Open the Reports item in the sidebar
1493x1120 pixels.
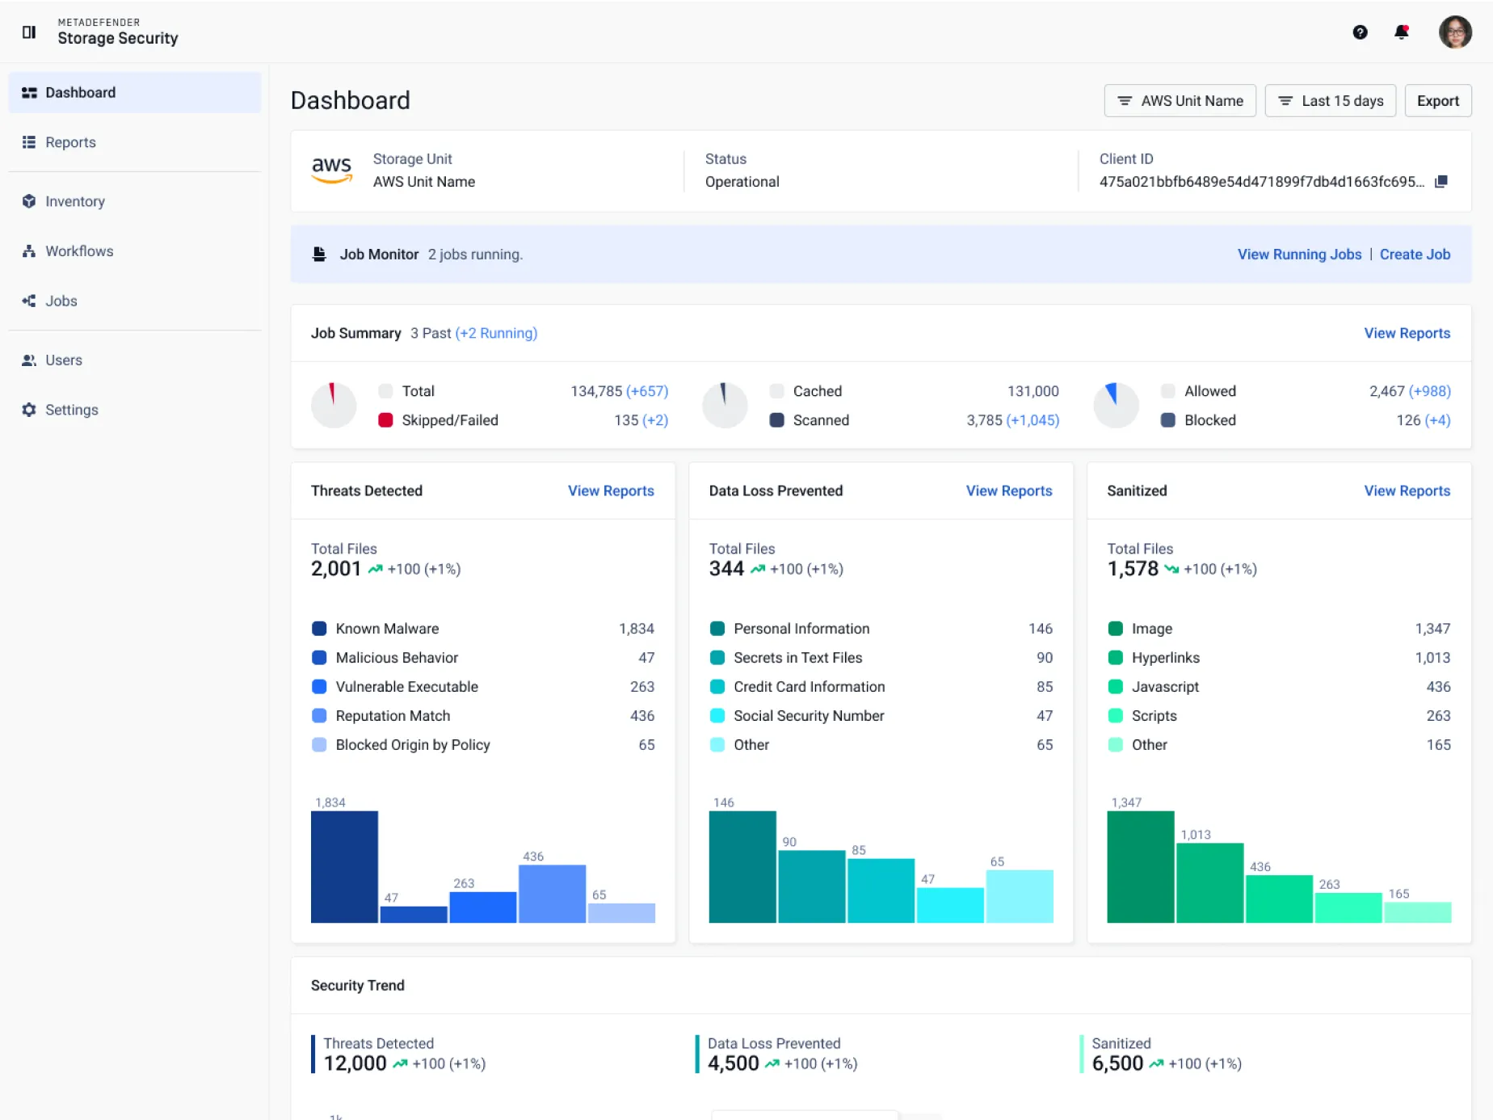click(70, 142)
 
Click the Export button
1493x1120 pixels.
click(1438, 101)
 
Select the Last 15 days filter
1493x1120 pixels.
click(1330, 101)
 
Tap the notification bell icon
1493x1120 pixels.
click(1402, 32)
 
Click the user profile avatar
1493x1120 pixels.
click(1455, 32)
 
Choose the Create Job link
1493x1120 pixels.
click(1415, 255)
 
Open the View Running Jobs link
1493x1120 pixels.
click(1299, 255)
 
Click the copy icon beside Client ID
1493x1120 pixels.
click(1440, 182)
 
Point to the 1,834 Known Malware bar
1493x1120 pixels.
click(344, 867)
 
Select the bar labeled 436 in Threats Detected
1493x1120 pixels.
click(552, 894)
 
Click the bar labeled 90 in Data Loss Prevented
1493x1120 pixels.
click(811, 886)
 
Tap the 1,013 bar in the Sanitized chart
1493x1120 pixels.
click(1209, 883)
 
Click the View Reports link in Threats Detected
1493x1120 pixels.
click(611, 491)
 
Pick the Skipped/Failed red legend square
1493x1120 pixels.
click(385, 420)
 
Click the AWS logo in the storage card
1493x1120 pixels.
click(332, 170)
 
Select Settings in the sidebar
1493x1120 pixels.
click(71, 410)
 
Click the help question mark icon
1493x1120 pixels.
click(1361, 32)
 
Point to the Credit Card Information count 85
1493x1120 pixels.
click(1045, 687)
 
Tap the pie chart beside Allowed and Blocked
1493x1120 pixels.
click(1116, 406)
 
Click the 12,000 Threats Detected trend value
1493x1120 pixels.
click(355, 1063)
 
